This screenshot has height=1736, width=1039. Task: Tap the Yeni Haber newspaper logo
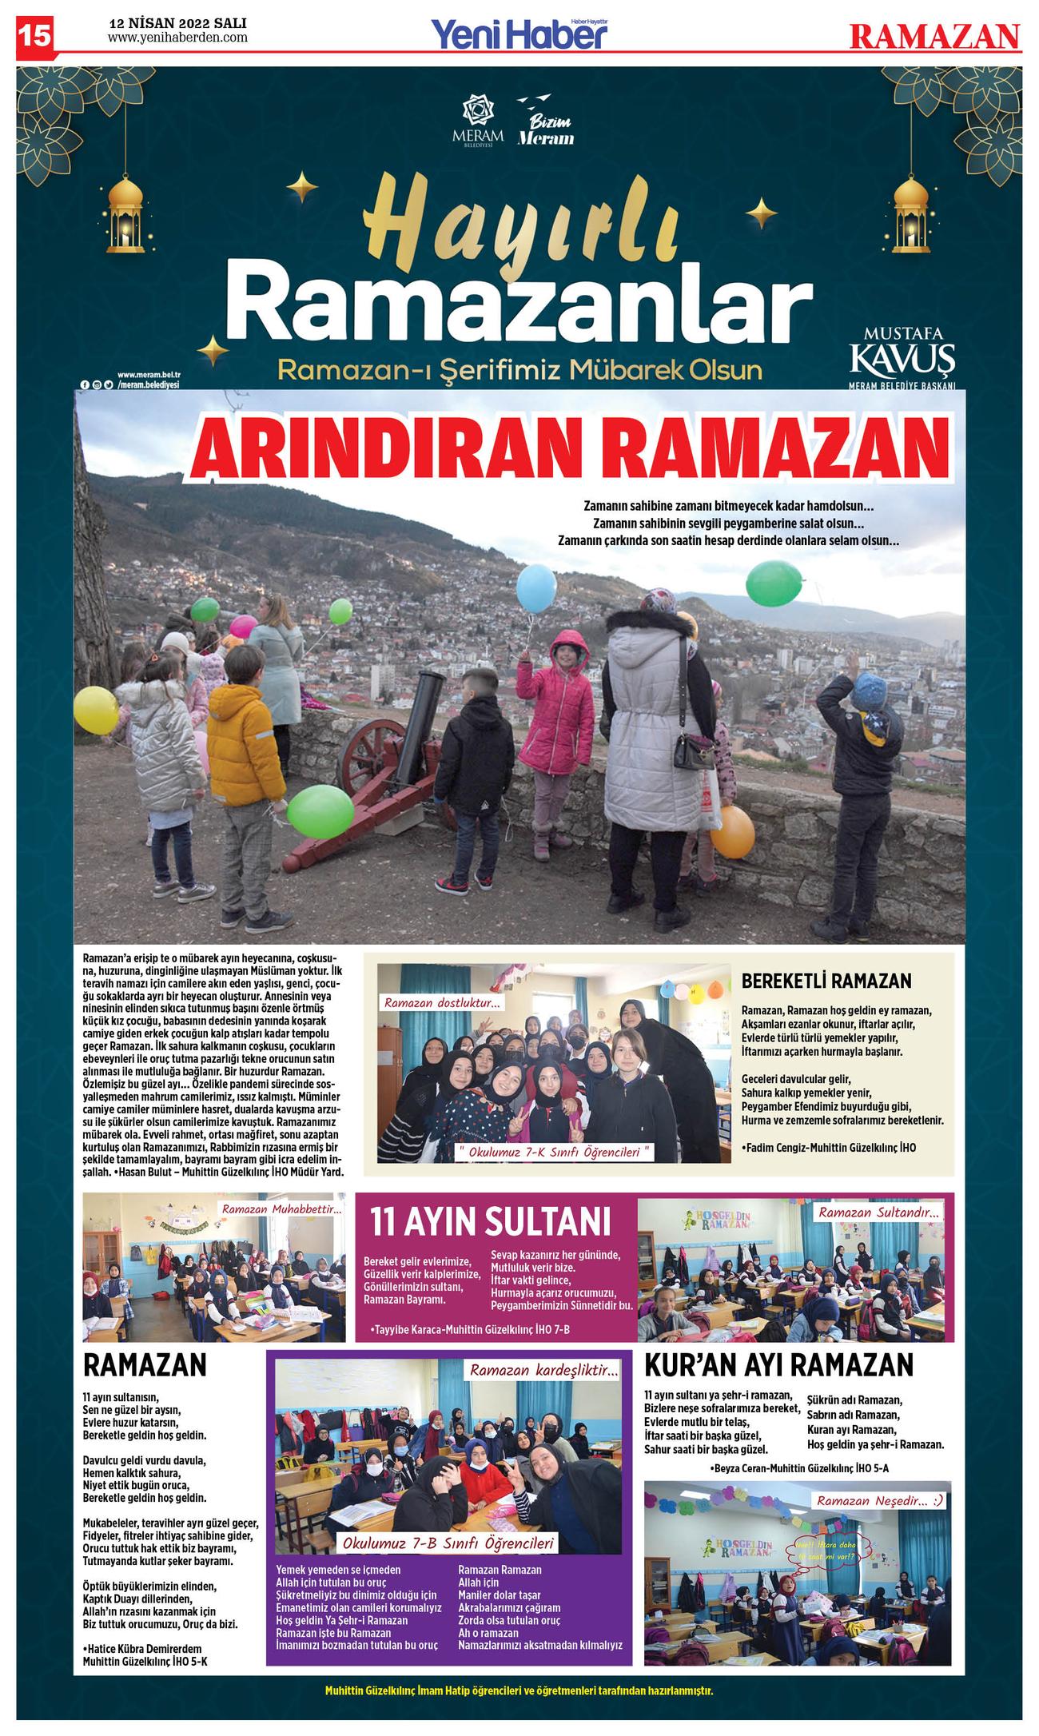coord(519,34)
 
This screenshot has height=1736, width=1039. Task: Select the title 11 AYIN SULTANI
coord(490,1221)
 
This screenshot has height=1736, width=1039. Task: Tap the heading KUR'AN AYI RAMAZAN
coord(778,1364)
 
